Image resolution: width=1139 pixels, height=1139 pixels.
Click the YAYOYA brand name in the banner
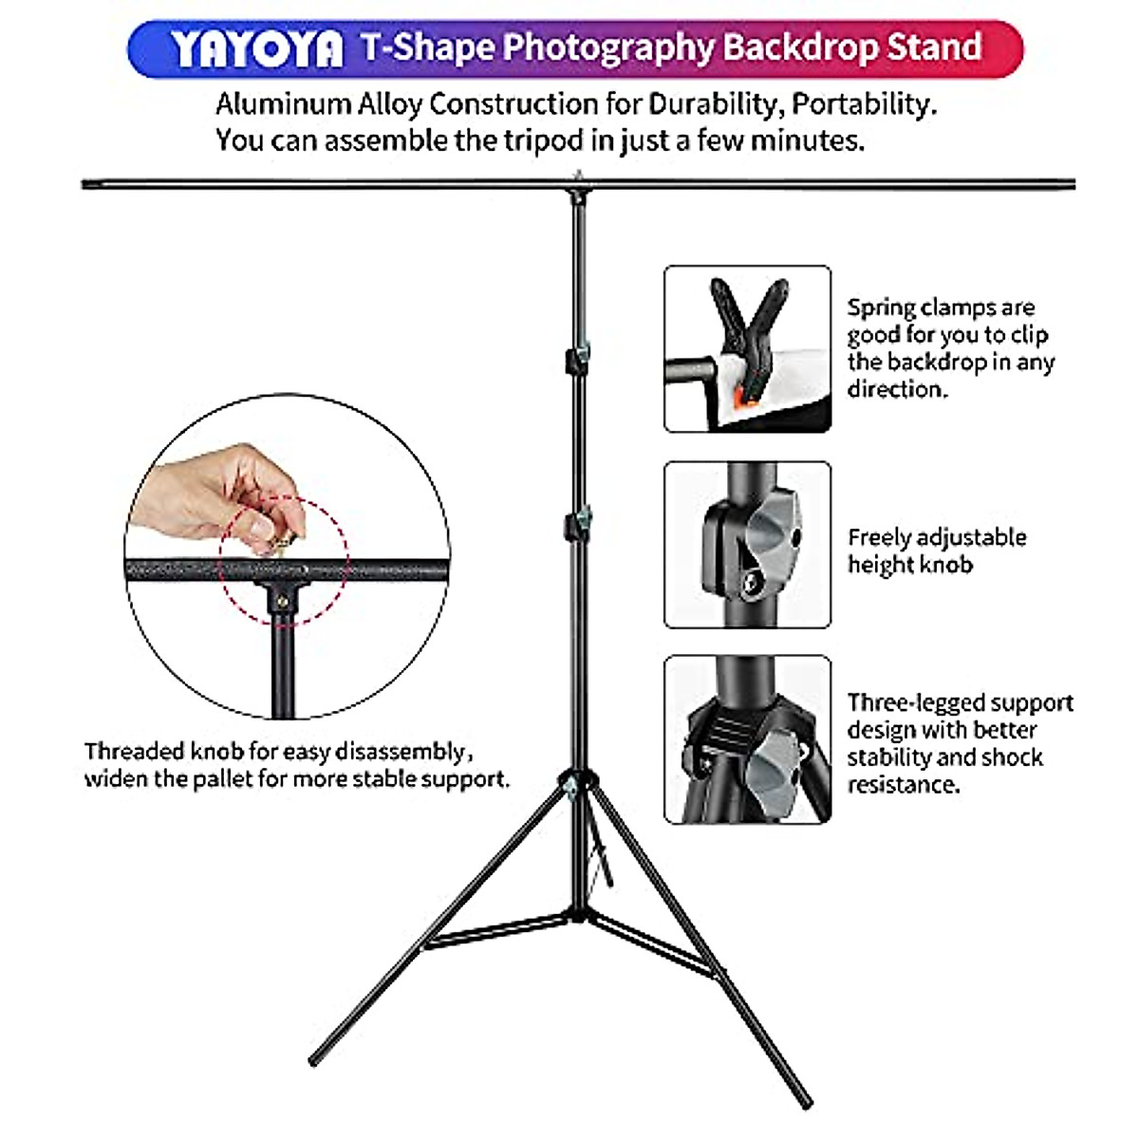[257, 48]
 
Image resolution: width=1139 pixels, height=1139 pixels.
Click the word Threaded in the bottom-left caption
[135, 752]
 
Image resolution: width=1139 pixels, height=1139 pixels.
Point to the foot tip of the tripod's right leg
[807, 1103]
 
